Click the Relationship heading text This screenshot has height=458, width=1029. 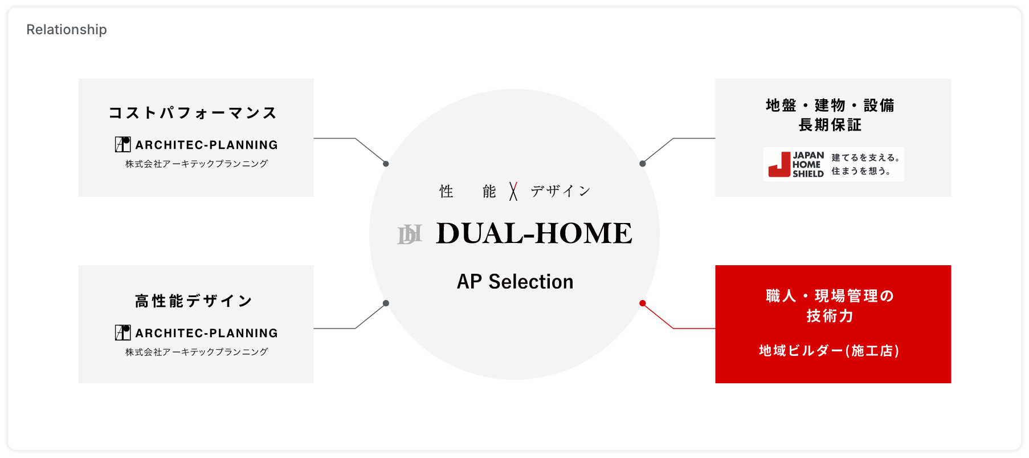pyautogui.click(x=66, y=30)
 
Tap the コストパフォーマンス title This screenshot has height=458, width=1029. pyautogui.click(x=193, y=113)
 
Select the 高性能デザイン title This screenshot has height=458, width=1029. pyautogui.click(x=194, y=301)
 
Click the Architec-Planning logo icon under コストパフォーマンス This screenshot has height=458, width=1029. pyautogui.click(x=122, y=144)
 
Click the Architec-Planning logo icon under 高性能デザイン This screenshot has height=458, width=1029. pyautogui.click(x=122, y=333)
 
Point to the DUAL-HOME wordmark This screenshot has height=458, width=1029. pyautogui.click(x=534, y=233)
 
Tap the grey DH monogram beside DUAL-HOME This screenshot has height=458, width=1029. pyautogui.click(x=410, y=234)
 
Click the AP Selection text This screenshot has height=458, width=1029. pyautogui.click(x=515, y=282)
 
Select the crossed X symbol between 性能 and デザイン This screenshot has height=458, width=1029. pyautogui.click(x=513, y=192)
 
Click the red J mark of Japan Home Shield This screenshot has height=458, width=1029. pyautogui.click(x=779, y=164)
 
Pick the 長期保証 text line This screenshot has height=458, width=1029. pyautogui.click(x=830, y=125)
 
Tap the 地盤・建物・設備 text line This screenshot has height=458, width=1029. pyautogui.click(x=830, y=106)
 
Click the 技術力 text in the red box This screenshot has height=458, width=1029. pyautogui.click(x=830, y=316)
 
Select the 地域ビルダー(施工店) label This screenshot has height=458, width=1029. pyautogui.click(x=829, y=351)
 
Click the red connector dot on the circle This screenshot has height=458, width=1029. pyautogui.click(x=643, y=303)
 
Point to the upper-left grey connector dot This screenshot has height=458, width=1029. pyautogui.click(x=386, y=164)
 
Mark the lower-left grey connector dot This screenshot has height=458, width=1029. pyautogui.click(x=386, y=303)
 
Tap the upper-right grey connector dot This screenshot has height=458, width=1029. pyautogui.click(x=643, y=164)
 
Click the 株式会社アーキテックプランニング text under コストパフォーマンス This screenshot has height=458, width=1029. pyautogui.click(x=197, y=164)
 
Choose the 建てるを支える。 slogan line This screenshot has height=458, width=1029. pyautogui.click(x=865, y=158)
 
